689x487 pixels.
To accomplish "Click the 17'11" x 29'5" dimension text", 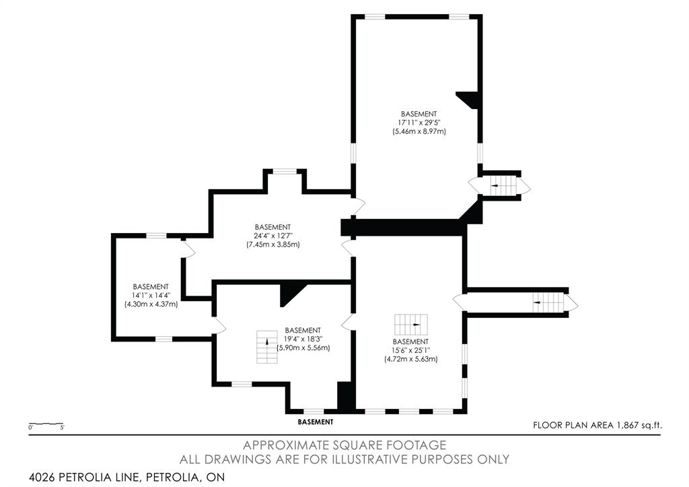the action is [419, 123].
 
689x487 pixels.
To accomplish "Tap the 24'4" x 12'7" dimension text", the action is [273, 236].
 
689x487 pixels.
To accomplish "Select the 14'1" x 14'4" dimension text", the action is [151, 295].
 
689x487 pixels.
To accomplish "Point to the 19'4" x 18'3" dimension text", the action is [303, 339].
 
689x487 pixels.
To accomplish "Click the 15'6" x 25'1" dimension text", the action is [411, 350].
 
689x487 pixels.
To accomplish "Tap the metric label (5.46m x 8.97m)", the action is [419, 131].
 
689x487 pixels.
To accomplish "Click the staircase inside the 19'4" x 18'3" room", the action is [267, 347].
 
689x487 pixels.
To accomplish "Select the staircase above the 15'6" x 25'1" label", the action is [411, 325].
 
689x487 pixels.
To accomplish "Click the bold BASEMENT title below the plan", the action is [316, 422].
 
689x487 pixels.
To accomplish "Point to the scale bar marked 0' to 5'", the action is [46, 424].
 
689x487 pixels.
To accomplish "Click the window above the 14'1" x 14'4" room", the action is [156, 236].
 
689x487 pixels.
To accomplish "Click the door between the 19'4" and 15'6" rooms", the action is [348, 322].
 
